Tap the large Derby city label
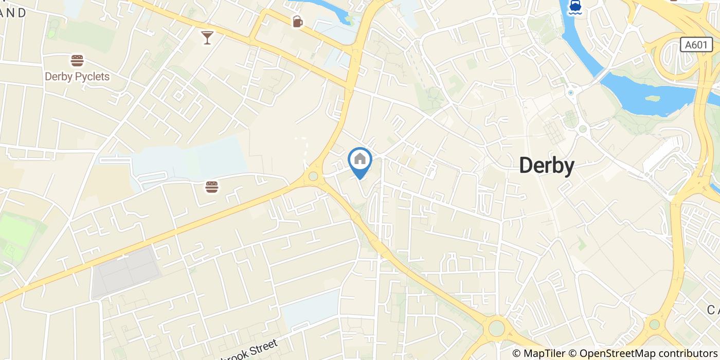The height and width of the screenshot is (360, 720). [546, 166]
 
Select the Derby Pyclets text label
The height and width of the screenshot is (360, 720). [77, 77]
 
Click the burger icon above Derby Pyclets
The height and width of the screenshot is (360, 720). [77, 61]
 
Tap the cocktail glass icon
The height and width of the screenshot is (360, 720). [207, 37]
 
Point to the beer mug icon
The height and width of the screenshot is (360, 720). [297, 22]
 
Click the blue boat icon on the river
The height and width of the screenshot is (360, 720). [574, 7]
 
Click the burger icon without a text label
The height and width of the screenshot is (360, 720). [211, 187]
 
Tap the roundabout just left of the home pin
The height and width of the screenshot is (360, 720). [313, 177]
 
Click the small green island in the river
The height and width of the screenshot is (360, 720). [652, 98]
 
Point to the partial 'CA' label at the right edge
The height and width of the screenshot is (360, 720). [713, 310]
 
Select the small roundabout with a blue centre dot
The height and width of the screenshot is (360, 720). [571, 93]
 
